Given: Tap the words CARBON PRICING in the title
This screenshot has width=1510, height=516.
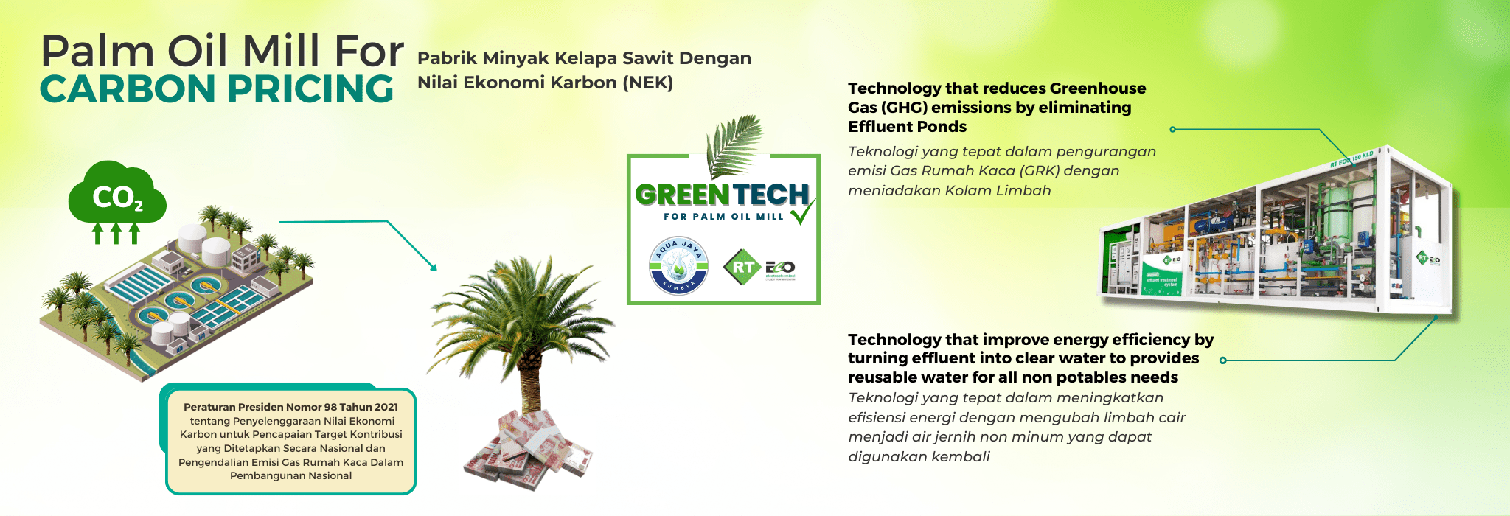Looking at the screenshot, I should pos(217,89).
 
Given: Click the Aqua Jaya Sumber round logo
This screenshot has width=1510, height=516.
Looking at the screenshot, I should pos(678,266).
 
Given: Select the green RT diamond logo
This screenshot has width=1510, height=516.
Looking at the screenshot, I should pos(742,267).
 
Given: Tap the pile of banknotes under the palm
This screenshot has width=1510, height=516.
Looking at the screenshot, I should pos(528,450).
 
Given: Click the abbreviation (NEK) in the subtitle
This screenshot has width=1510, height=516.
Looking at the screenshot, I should pos(647,83).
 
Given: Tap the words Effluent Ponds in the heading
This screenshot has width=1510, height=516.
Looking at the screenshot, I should pos(907,127).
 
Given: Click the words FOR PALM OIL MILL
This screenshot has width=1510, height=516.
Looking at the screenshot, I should pos(723,217).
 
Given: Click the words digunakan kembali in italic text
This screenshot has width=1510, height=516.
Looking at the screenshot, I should pos(919,457).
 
